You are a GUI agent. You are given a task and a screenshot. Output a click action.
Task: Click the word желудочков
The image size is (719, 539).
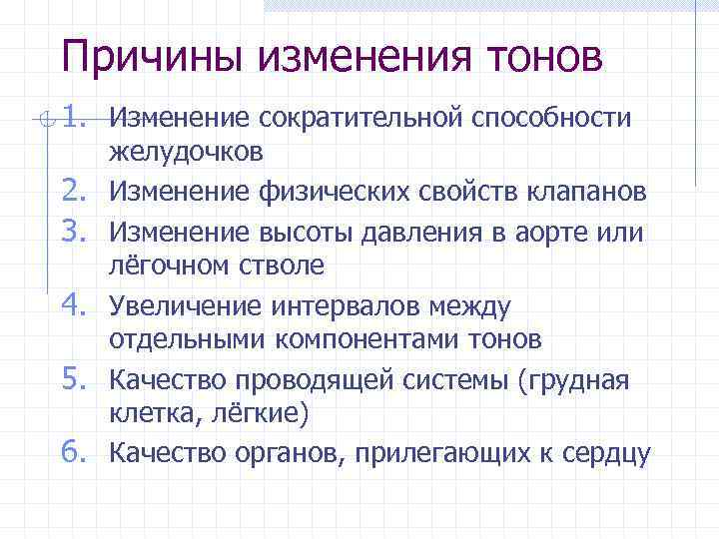coord(187,154)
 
